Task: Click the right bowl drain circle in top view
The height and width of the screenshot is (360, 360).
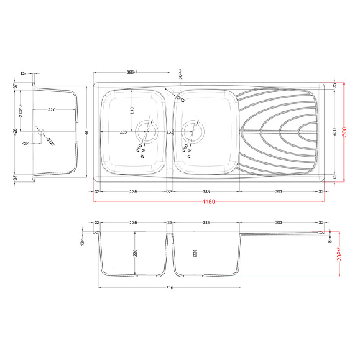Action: (x=191, y=132)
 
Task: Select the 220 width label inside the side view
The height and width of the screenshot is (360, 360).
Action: (x=52, y=110)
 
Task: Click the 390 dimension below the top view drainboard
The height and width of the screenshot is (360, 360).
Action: (x=279, y=192)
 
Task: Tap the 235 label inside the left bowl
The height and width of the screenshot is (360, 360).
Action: (x=123, y=132)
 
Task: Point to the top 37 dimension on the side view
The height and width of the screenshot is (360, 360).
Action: (x=15, y=86)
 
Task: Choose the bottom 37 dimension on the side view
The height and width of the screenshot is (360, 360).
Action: (x=15, y=177)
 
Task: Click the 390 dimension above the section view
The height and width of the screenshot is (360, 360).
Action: (x=280, y=223)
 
